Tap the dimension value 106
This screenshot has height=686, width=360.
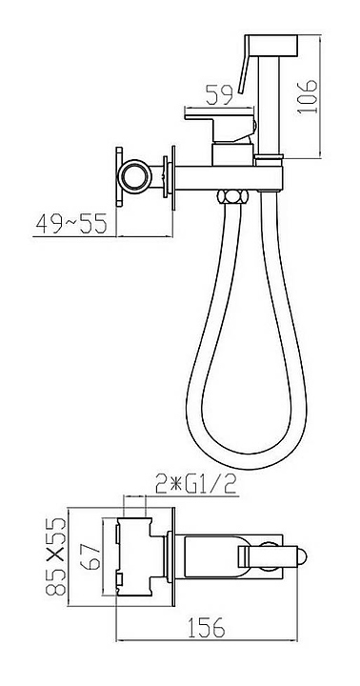(x=307, y=96)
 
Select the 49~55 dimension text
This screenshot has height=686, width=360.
(x=71, y=224)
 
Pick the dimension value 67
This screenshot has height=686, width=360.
(x=91, y=556)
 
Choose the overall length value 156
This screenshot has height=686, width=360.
(x=206, y=627)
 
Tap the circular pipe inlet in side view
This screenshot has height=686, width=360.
(x=134, y=176)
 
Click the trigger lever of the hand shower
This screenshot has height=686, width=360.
(x=244, y=65)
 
